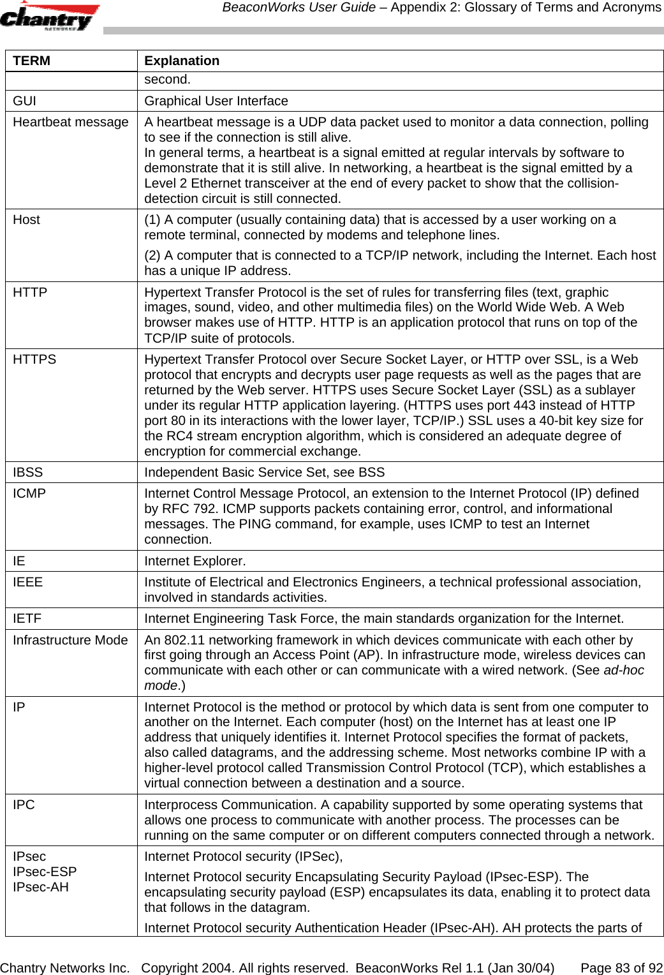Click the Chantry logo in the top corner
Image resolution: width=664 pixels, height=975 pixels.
point(50,17)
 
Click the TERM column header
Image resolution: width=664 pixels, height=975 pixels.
point(32,61)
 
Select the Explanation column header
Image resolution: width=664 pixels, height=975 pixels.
point(182,61)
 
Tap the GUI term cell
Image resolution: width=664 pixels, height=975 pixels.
point(25,101)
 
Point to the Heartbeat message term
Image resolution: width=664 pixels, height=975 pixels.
point(71,122)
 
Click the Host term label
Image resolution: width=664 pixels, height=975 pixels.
point(26,220)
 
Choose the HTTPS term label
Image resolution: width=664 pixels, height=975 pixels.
point(34,359)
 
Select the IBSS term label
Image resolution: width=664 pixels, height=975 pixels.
point(28,472)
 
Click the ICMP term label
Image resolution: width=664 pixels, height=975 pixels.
point(29,493)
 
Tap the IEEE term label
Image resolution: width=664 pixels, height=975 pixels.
point(28,582)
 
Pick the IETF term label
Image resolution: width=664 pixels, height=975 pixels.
point(27,618)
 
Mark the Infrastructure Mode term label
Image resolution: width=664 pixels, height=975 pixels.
point(70,640)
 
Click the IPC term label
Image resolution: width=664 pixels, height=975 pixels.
point(24,805)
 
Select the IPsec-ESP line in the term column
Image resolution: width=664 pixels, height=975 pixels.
point(45,872)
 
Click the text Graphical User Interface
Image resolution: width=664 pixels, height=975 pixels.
point(216,101)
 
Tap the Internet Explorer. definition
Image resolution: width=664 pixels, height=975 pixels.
point(195,561)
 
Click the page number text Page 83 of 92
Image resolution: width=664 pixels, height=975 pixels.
point(621,968)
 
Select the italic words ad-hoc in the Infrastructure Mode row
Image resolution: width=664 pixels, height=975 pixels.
point(623,670)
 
